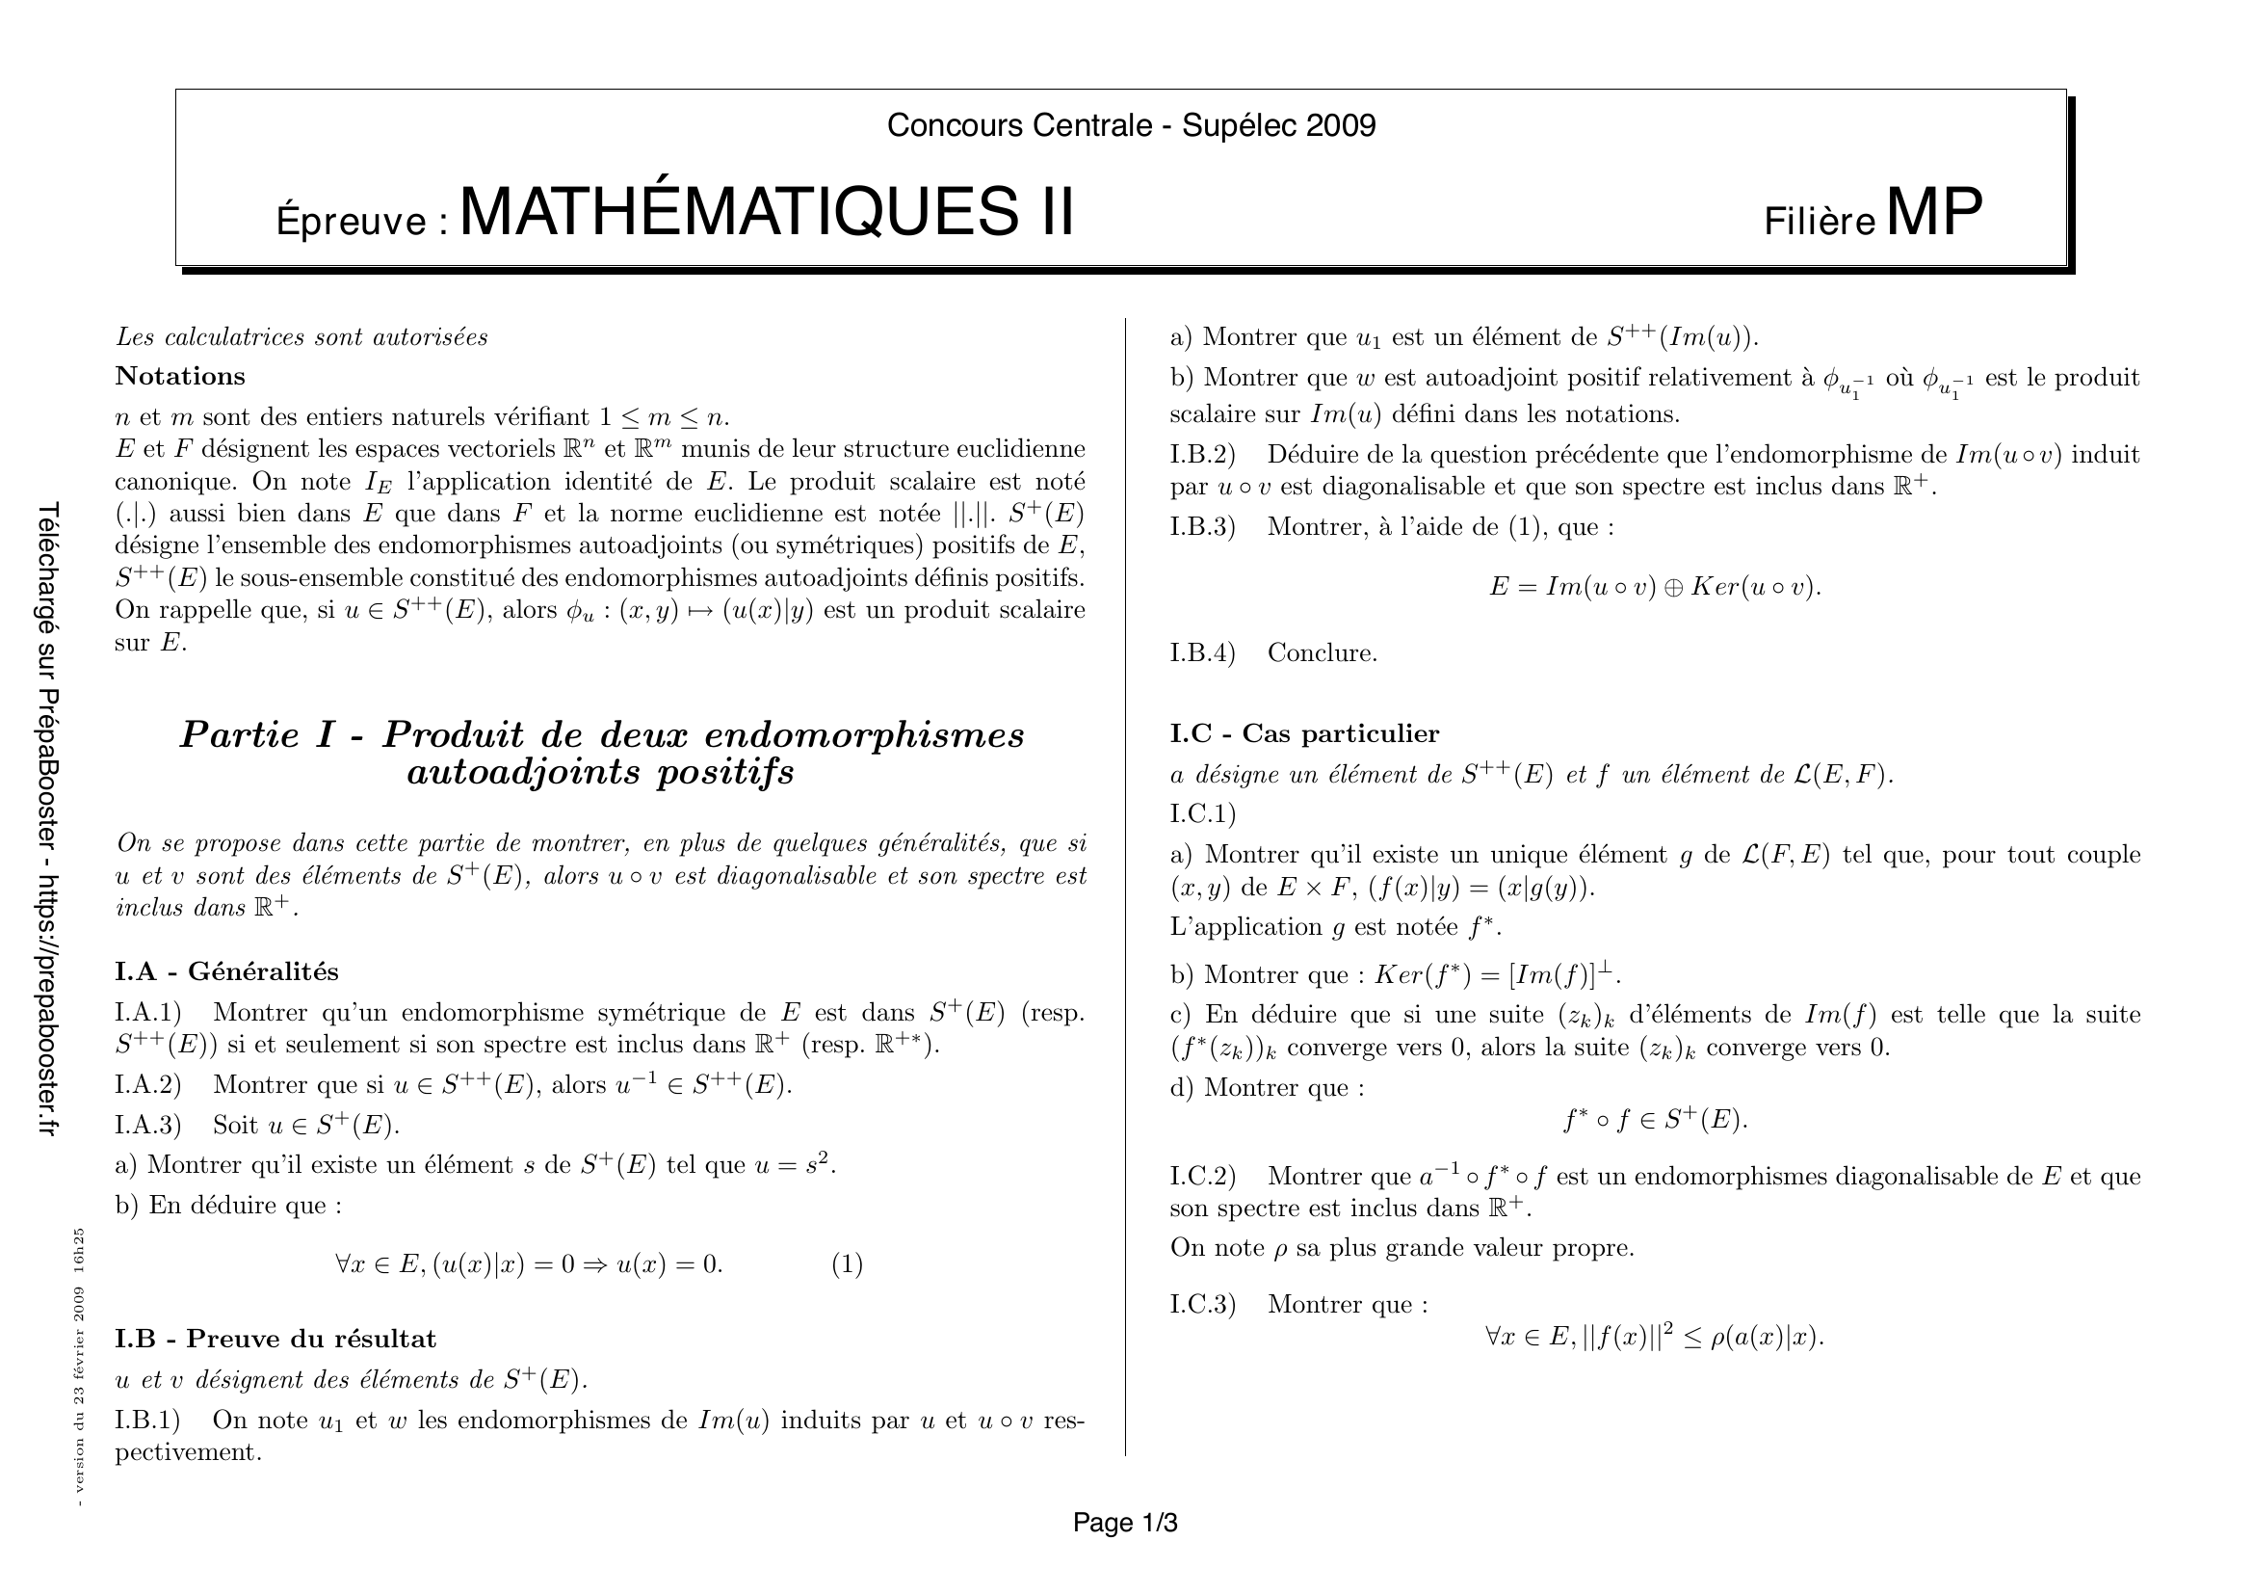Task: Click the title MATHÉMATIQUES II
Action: pos(767,212)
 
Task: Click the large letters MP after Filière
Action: pos(1934,212)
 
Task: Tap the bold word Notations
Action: pos(180,376)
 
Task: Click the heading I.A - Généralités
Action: pos(226,971)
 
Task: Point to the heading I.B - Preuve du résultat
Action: pos(275,1339)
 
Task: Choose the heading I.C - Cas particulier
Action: pos(1304,733)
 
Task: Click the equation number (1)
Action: pos(847,1264)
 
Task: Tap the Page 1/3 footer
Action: pos(1124,1523)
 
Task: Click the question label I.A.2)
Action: pos(149,1084)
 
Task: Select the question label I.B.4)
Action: pos(1203,652)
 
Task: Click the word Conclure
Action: pos(1322,652)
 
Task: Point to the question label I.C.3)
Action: pos(1203,1305)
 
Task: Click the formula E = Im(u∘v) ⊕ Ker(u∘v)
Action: pos(1654,587)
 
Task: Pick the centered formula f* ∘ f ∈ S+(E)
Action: pos(1656,1120)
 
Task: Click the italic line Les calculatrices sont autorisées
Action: pos(301,336)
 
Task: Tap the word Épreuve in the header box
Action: pos(352,221)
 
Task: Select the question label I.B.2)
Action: pos(1203,455)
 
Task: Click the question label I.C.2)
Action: pos(1203,1176)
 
